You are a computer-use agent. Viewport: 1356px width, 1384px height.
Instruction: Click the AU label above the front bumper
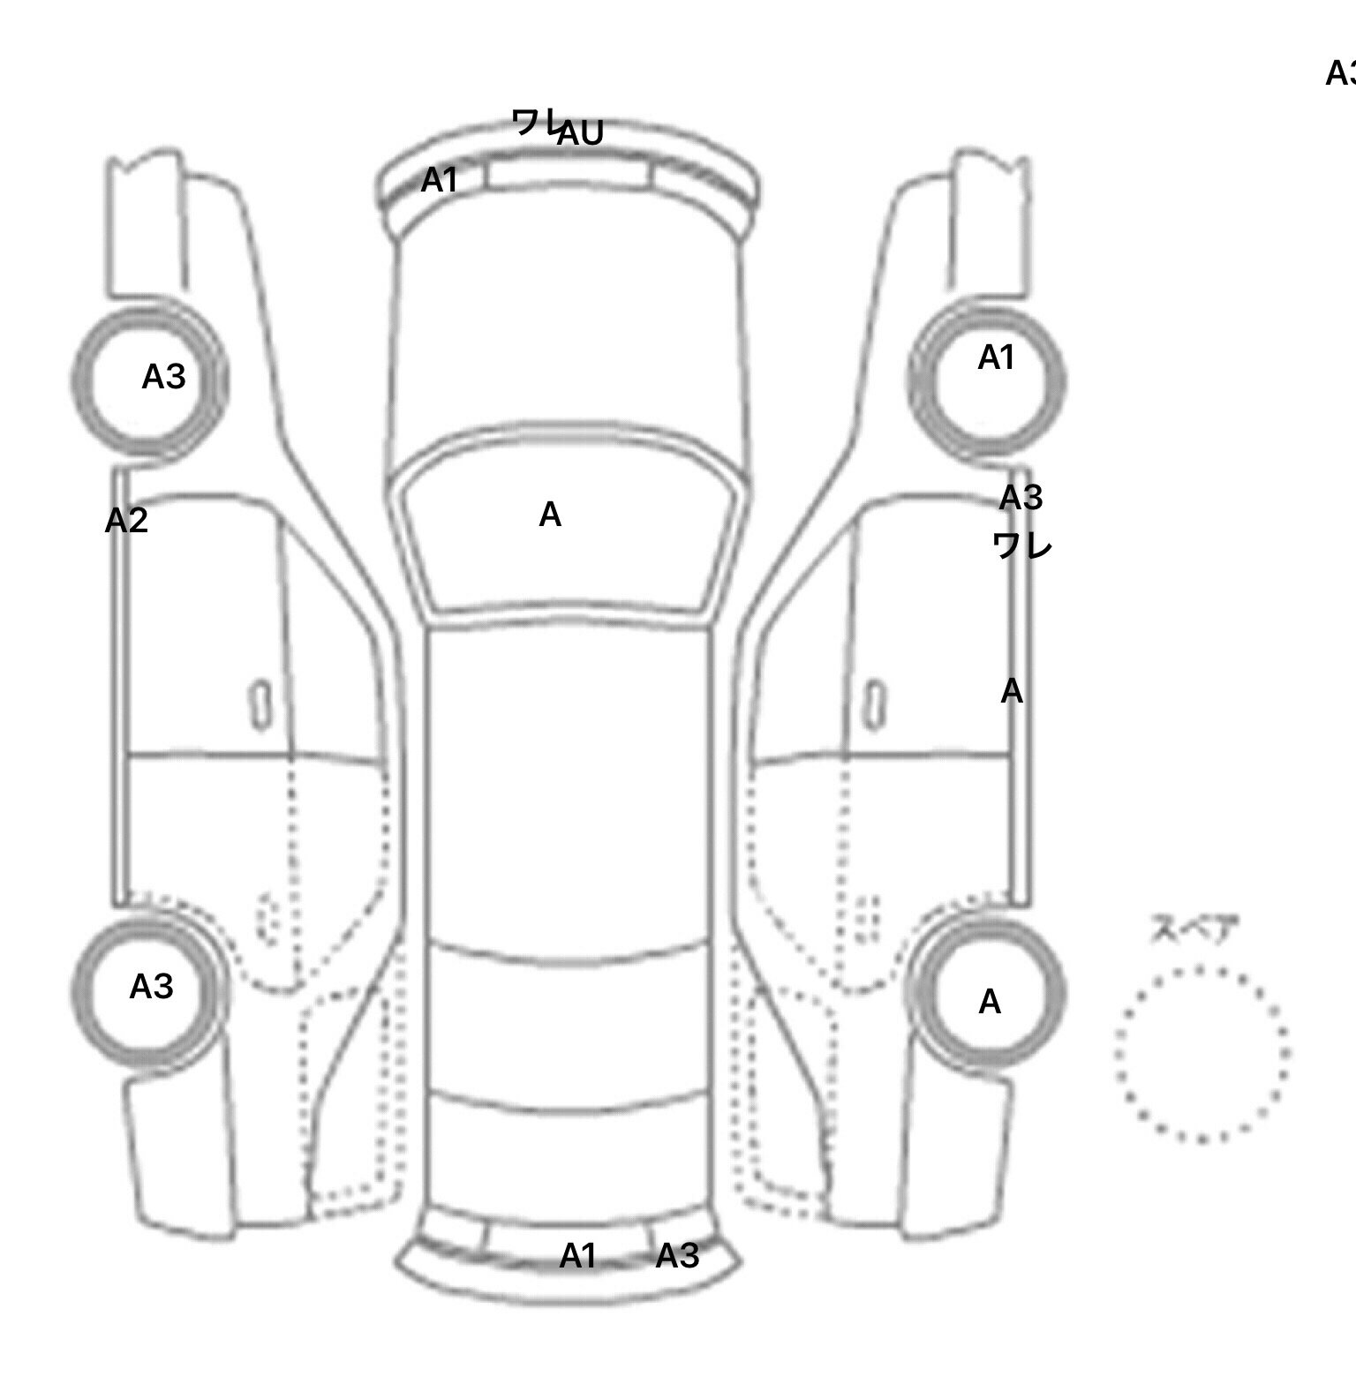pyautogui.click(x=581, y=133)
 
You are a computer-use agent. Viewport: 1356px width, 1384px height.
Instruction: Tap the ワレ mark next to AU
pyautogui.click(x=535, y=121)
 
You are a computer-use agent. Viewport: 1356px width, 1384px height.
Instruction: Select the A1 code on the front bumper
pyautogui.click(x=440, y=180)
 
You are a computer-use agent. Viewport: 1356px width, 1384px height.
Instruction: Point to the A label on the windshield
pyautogui.click(x=550, y=515)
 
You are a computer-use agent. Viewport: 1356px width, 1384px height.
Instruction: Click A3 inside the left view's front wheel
pyautogui.click(x=164, y=377)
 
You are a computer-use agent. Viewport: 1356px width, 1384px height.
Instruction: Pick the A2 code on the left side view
pyautogui.click(x=126, y=521)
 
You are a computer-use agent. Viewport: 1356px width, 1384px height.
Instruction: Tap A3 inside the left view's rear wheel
pyautogui.click(x=151, y=987)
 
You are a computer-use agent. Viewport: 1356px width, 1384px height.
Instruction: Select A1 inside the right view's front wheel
pyautogui.click(x=997, y=357)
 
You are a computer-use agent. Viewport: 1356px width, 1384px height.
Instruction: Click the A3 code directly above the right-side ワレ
pyautogui.click(x=1021, y=499)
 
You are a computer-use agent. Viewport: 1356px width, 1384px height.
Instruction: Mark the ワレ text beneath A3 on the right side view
pyautogui.click(x=1022, y=545)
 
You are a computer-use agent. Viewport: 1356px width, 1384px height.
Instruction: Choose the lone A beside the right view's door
pyautogui.click(x=1012, y=691)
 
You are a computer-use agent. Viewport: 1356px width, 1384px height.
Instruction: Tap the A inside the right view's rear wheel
pyautogui.click(x=990, y=1002)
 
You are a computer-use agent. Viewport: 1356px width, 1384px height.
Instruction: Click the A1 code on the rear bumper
pyautogui.click(x=578, y=1256)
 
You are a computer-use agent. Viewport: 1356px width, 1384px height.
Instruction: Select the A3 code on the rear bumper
pyautogui.click(x=677, y=1256)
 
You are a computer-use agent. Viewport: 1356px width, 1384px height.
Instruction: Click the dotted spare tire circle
pyautogui.click(x=1202, y=1054)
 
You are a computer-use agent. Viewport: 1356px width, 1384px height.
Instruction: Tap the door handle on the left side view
pyautogui.click(x=260, y=705)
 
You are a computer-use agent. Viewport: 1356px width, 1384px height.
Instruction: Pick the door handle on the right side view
pyautogui.click(x=874, y=705)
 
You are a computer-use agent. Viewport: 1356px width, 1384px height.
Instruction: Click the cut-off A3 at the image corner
pyautogui.click(x=1341, y=73)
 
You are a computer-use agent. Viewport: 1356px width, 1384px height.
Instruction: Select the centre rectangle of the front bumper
pyautogui.click(x=567, y=176)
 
